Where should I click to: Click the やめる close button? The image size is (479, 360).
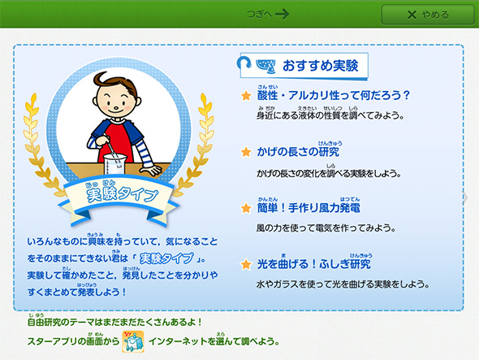pyautogui.click(x=428, y=15)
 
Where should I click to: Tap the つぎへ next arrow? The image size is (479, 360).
pyautogui.click(x=268, y=14)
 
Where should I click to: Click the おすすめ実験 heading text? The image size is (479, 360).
pyautogui.click(x=320, y=66)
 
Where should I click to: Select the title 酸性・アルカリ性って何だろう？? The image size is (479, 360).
pyautogui.click(x=334, y=95)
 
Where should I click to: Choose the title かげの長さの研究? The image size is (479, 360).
pyautogui.click(x=298, y=151)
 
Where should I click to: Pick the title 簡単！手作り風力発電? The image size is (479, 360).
pyautogui.click(x=309, y=208)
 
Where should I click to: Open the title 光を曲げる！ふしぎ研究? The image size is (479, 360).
pyautogui.click(x=313, y=264)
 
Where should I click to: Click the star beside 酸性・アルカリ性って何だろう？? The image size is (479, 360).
pyautogui.click(x=246, y=95)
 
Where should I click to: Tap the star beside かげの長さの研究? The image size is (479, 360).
pyautogui.click(x=246, y=152)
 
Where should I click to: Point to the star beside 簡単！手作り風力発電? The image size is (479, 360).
pyautogui.click(x=246, y=208)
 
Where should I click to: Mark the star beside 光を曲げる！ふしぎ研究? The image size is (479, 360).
pyautogui.click(x=246, y=264)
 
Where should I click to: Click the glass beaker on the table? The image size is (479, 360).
pyautogui.click(x=114, y=164)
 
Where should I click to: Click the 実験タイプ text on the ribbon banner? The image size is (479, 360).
pyautogui.click(x=123, y=193)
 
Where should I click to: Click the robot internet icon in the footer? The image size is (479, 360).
pyautogui.click(x=133, y=341)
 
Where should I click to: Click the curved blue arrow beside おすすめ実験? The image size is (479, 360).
pyautogui.click(x=244, y=62)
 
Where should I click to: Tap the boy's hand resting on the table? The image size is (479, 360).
pyautogui.click(x=151, y=170)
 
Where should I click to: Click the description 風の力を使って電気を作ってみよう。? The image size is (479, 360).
pyautogui.click(x=326, y=228)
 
